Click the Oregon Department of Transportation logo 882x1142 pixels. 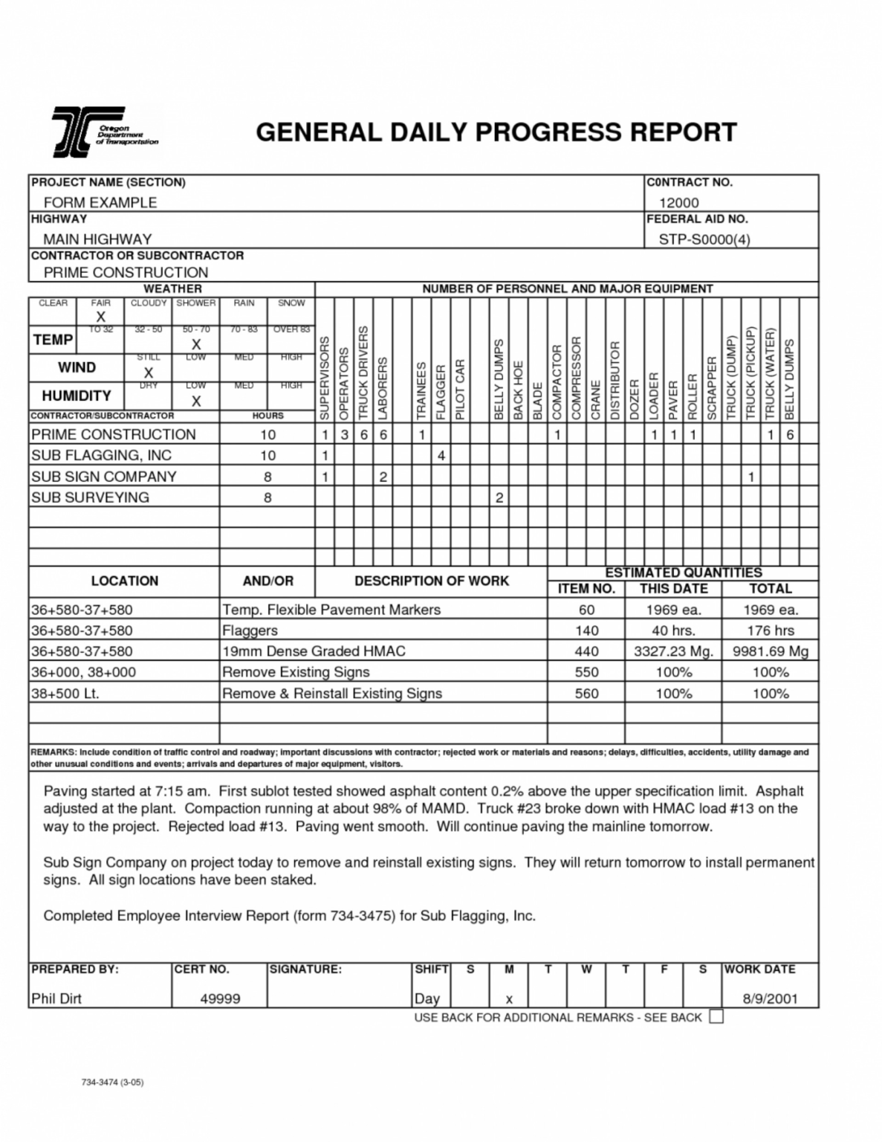click(104, 132)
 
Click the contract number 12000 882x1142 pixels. click(678, 202)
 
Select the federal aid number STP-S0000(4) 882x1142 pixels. click(704, 239)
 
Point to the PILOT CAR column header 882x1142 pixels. click(460, 390)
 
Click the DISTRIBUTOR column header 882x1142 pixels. click(615, 381)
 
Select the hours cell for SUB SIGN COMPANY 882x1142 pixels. click(267, 477)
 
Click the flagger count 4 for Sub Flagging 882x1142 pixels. click(441, 456)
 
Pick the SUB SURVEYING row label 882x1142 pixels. click(90, 497)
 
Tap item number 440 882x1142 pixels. click(586, 651)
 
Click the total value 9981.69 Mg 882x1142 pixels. click(770, 651)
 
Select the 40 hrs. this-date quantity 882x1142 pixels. click(673, 630)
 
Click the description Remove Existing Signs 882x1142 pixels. click(296, 672)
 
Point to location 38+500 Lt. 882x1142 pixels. click(65, 694)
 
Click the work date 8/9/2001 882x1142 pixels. click(770, 999)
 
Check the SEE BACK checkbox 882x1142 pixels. click(716, 1016)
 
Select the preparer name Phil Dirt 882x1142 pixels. click(56, 999)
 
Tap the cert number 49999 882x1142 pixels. click(220, 999)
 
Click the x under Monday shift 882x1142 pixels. click(509, 999)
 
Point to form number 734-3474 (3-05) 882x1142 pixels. click(112, 1082)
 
